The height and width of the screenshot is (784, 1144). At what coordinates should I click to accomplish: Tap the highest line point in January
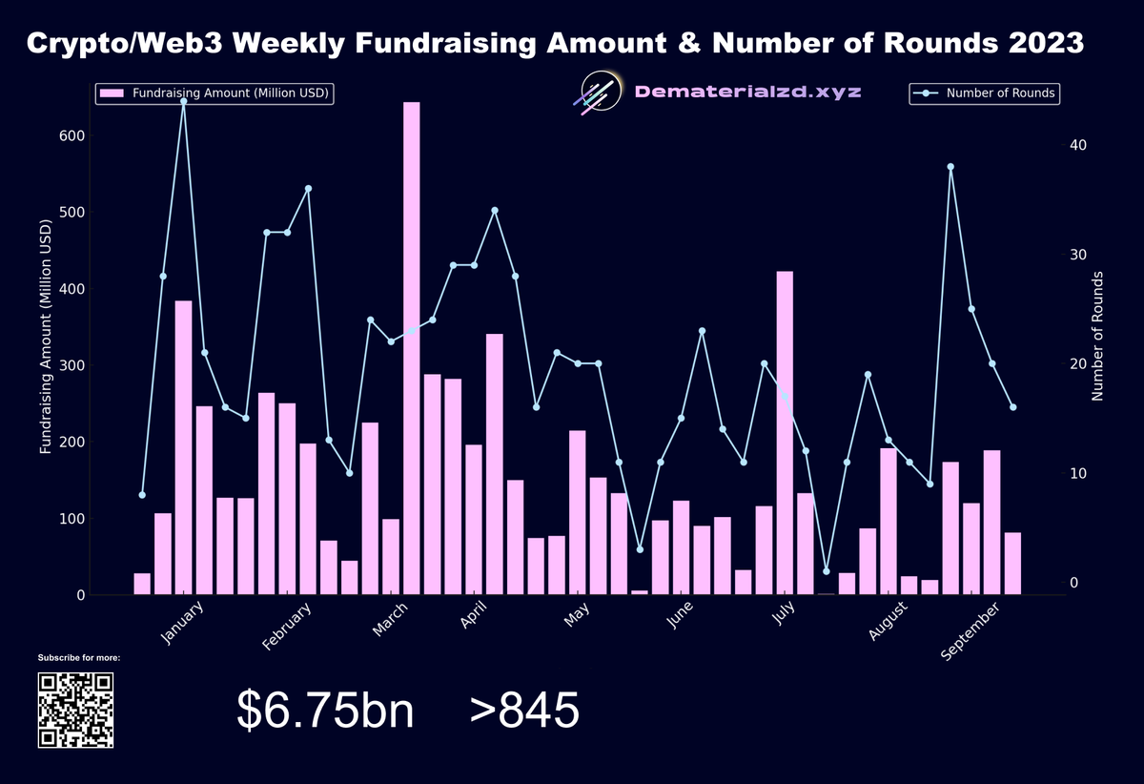(183, 101)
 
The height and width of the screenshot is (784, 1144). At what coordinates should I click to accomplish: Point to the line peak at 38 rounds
(950, 167)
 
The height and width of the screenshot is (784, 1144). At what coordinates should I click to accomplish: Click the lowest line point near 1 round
(826, 571)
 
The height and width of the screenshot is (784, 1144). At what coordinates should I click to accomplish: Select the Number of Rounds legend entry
(985, 93)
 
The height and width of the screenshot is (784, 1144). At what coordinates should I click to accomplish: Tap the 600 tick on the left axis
(72, 135)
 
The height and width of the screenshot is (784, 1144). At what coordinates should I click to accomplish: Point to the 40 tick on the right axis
(1078, 145)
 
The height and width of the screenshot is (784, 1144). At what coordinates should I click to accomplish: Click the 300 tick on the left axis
(72, 365)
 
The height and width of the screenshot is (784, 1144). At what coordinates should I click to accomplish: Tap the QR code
(75, 710)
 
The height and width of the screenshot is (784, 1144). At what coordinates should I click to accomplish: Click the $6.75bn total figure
(325, 711)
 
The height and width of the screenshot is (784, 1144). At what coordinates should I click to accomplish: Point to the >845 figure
(523, 711)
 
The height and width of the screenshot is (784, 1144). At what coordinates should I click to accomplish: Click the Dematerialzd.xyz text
(748, 93)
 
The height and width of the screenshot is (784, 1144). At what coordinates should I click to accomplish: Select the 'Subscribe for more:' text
(79, 658)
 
